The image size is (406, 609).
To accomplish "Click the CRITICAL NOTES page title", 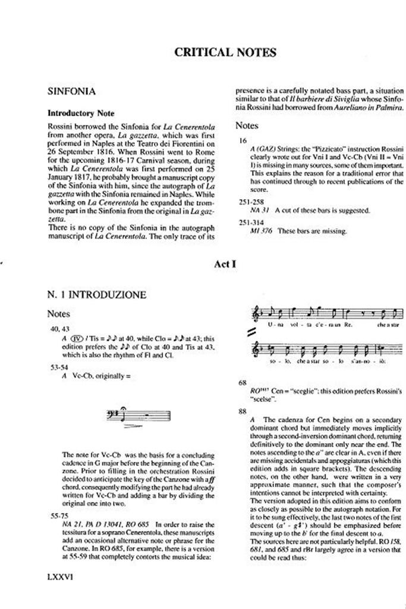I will pyautogui.click(x=225, y=52).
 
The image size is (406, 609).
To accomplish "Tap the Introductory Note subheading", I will pyautogui.click(x=81, y=113).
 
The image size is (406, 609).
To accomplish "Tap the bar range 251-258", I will pyautogui.click(x=249, y=202).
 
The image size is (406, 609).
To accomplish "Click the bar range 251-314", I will pyautogui.click(x=249, y=222).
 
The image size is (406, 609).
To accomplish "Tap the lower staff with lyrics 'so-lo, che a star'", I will pyautogui.click(x=324, y=352).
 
